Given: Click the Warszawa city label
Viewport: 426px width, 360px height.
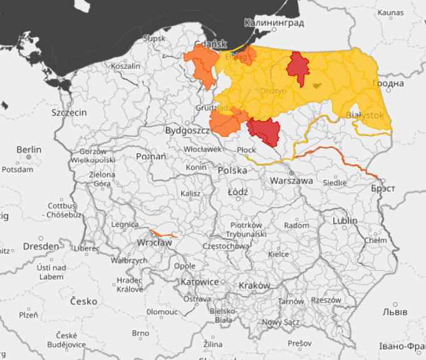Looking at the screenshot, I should (x=291, y=181).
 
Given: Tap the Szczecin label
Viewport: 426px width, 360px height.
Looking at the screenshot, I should (x=70, y=113).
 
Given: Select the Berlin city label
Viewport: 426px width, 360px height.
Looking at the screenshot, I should (x=29, y=150).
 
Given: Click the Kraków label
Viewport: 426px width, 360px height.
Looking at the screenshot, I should (x=254, y=285).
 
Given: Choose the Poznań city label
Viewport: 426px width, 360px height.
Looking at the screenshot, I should (x=151, y=156).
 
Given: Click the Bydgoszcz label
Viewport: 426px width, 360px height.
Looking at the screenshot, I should (x=186, y=130).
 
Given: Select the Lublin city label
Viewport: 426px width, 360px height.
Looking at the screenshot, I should (x=345, y=221).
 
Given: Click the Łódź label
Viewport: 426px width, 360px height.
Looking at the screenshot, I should (x=238, y=191).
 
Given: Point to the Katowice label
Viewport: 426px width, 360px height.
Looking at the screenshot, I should (x=199, y=282).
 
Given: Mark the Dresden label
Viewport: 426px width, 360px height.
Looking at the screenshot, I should (x=41, y=246).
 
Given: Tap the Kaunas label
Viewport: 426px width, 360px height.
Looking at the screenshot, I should (x=390, y=13).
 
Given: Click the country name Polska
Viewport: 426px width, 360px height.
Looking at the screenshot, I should (x=232, y=171).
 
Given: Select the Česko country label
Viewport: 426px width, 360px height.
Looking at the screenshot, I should (x=84, y=301).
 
